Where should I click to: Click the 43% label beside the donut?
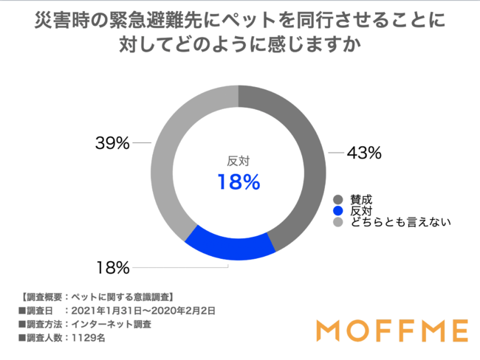click(364, 153)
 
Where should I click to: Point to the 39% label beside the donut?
click(112, 143)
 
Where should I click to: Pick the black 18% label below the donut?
click(112, 266)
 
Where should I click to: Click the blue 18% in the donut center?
click(238, 182)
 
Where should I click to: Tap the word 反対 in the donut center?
click(238, 160)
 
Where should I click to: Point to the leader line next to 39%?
click(143, 143)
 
